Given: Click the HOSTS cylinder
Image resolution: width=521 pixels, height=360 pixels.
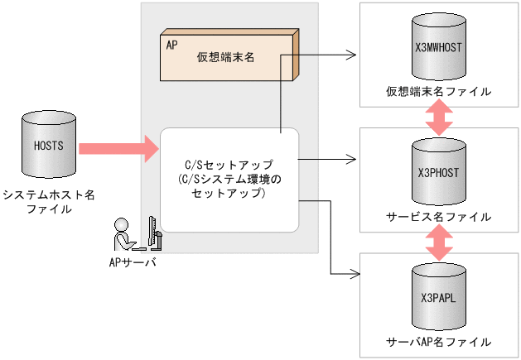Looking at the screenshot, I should (49, 150).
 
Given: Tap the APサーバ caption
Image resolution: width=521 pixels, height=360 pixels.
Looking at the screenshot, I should (133, 262).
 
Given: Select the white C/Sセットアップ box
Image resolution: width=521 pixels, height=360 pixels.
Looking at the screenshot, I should (229, 180).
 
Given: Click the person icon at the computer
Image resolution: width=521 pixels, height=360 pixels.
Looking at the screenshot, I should (124, 235).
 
